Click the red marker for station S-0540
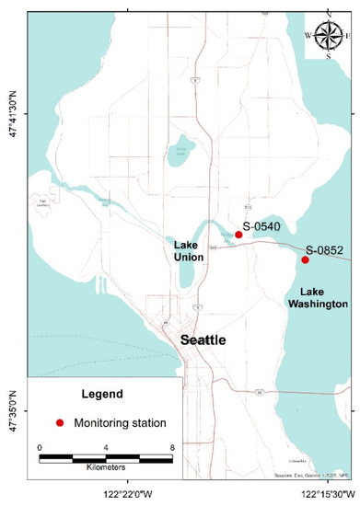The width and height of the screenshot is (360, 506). click(238, 235)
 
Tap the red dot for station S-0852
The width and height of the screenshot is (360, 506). click(305, 259)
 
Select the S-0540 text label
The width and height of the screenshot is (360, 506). click(261, 225)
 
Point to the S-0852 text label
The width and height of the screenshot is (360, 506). click(323, 250)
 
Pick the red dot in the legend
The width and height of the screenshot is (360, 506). click(60, 423)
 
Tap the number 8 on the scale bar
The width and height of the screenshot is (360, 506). click(171, 447)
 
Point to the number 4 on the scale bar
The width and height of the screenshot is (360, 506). click(105, 447)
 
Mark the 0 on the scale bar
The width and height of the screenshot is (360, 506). click(40, 447)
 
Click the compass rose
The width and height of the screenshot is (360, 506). click(329, 36)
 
